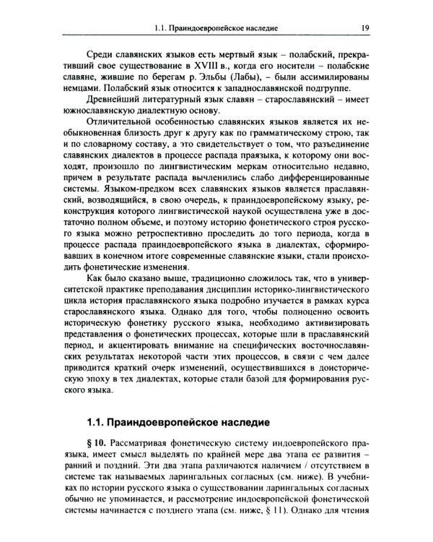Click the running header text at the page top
[216, 31]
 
